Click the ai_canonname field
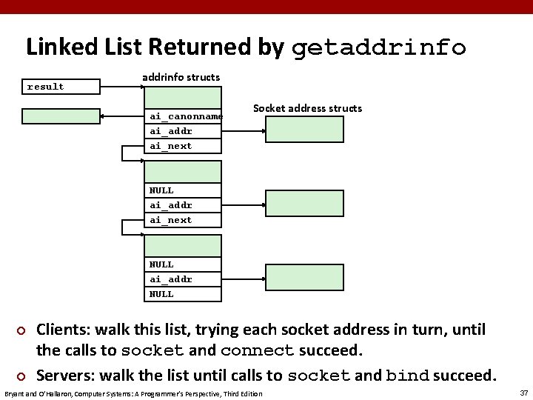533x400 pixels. pos(183,116)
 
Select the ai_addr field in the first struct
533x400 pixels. pos(183,131)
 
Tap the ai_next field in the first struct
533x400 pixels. pos(183,146)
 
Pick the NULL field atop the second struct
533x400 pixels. pos(183,190)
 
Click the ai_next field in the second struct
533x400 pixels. pos(183,220)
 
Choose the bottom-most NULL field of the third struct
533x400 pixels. pos(183,294)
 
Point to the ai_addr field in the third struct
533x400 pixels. pos(183,279)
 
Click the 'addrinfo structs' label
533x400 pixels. pos(181,77)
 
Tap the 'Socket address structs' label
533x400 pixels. pos(307,108)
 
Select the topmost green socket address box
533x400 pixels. pos(305,129)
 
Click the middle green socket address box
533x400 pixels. pos(305,203)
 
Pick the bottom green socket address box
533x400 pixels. pos(305,277)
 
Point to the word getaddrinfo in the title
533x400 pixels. pos(378,48)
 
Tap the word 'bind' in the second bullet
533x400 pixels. pos(406,376)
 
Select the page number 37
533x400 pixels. pos(523,392)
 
